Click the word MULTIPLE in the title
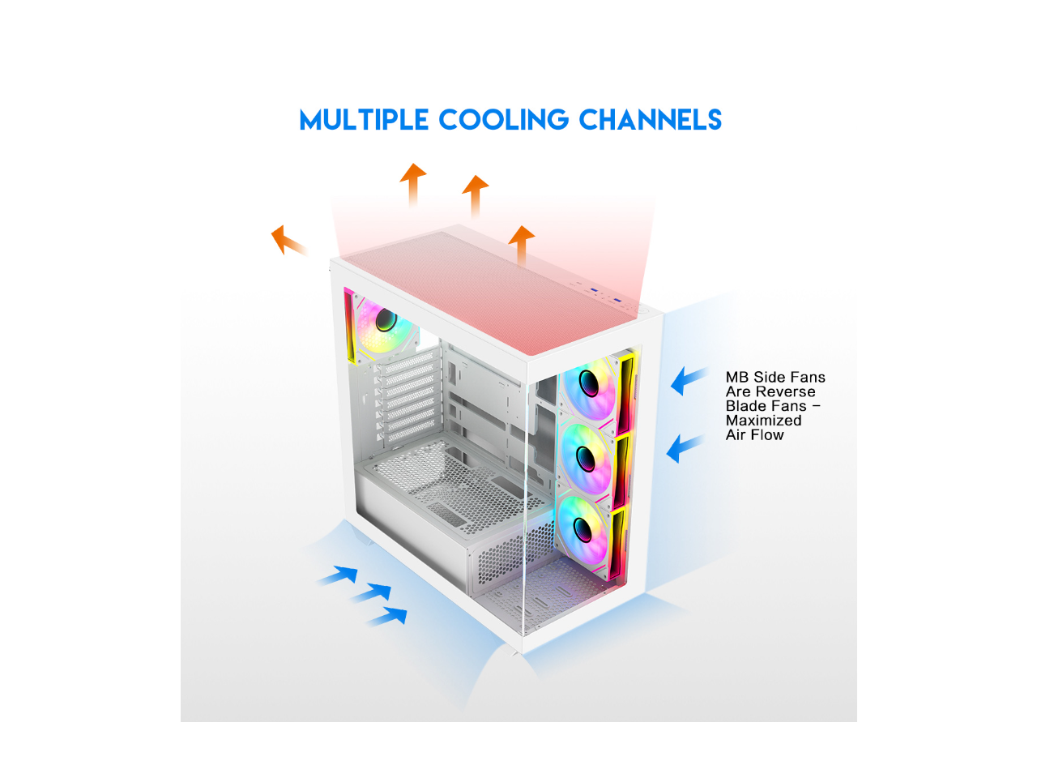point(364,120)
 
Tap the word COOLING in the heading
point(503,120)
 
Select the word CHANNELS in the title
point(650,120)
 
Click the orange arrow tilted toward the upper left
point(287,240)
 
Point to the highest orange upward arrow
point(413,182)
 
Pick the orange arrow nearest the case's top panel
point(521,243)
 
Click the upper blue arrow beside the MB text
point(688,379)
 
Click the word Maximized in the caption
point(763,421)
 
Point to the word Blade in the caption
point(744,406)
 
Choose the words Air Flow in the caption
point(754,435)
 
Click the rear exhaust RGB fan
point(384,324)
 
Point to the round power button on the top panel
point(640,310)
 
